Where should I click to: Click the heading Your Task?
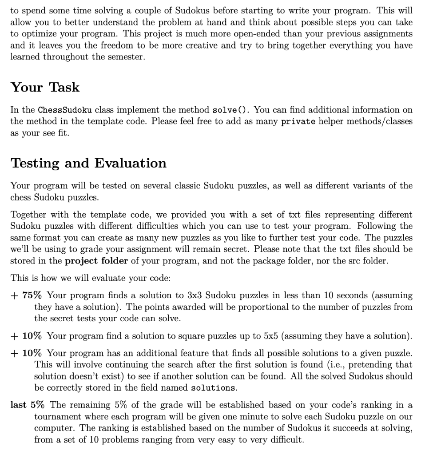click(45, 87)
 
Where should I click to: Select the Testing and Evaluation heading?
click(88, 163)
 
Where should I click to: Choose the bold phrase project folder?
click(96, 261)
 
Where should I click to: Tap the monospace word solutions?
click(213, 388)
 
